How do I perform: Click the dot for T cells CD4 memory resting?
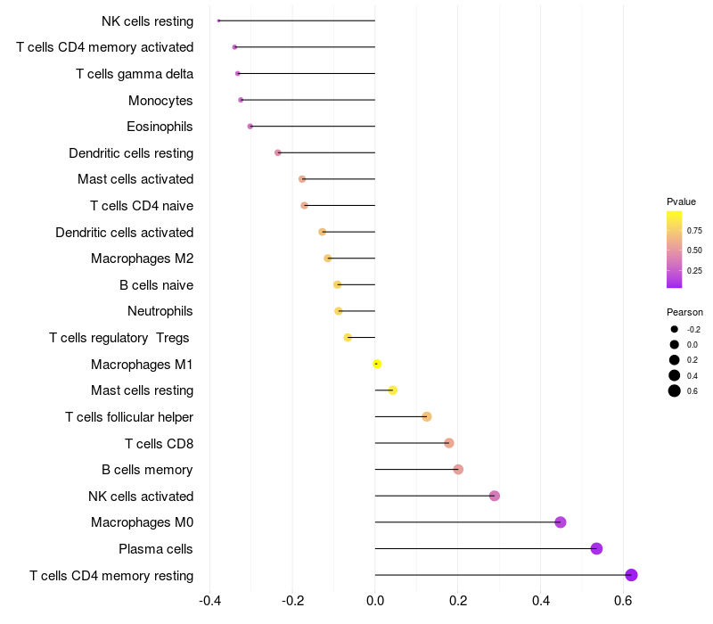point(631,575)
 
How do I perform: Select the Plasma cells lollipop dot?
point(596,548)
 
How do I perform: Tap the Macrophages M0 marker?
point(561,522)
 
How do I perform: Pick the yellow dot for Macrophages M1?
point(377,364)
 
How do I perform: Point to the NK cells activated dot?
point(495,496)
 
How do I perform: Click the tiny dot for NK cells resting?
point(218,21)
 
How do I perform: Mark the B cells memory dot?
point(458,470)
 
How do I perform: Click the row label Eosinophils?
point(160,127)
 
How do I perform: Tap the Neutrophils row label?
point(160,311)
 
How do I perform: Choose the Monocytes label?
point(160,101)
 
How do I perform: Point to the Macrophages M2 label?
point(142,259)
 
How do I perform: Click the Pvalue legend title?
point(681,201)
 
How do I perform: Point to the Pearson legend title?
point(684,313)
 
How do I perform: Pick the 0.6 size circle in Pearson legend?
point(675,390)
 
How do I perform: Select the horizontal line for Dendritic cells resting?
point(326,152)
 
